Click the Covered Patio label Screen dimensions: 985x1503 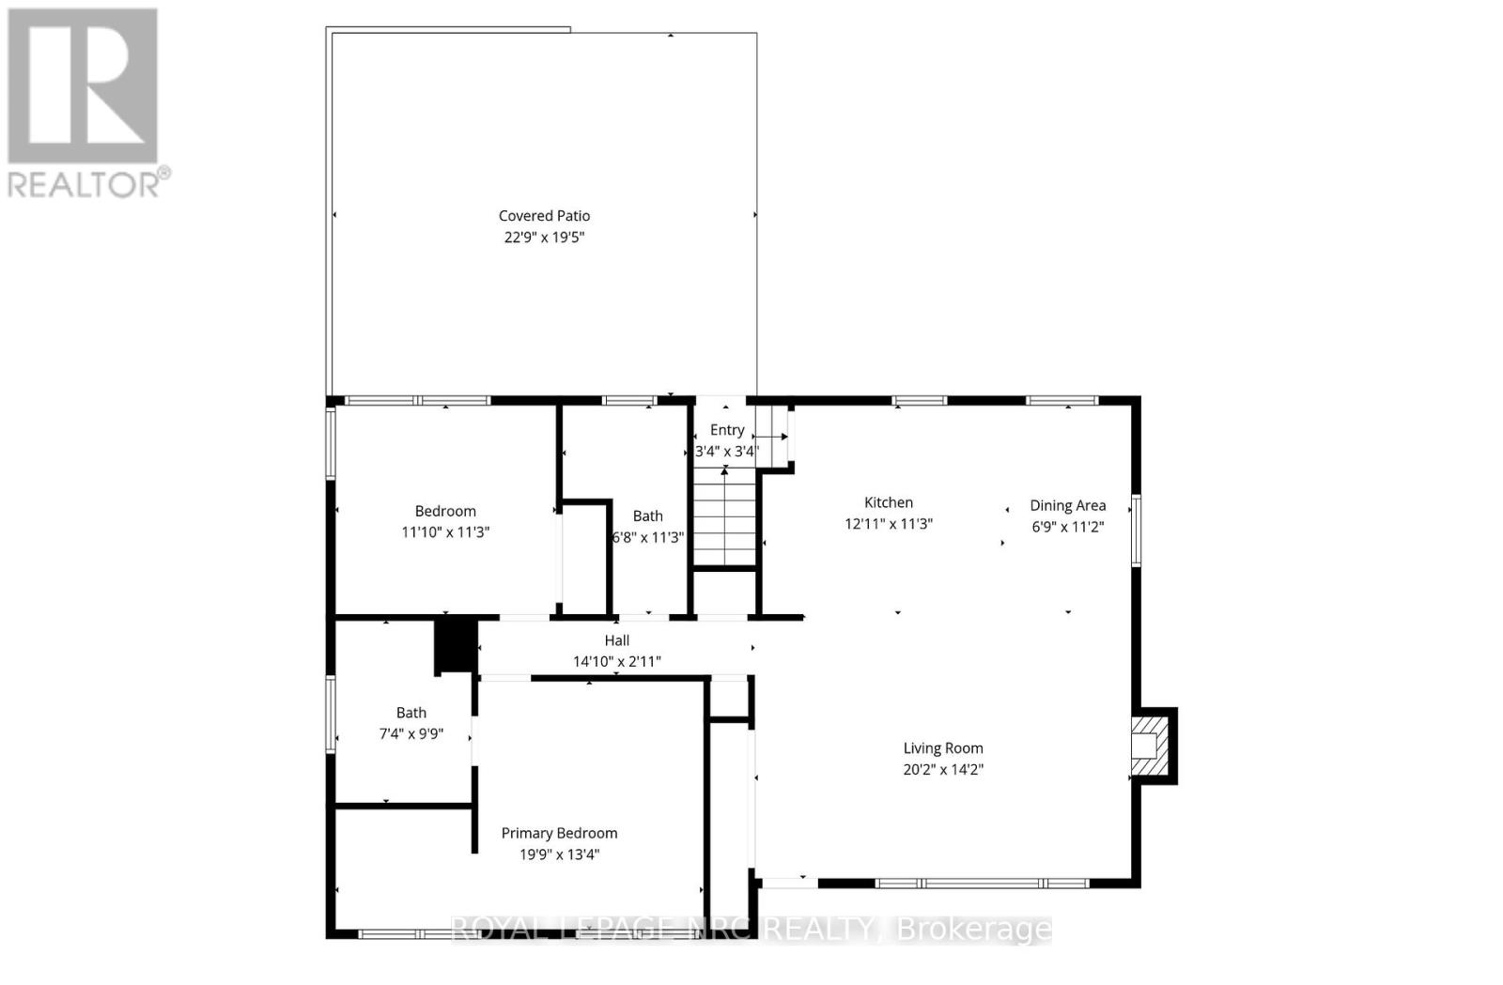(x=544, y=216)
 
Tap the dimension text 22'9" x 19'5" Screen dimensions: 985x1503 (x=544, y=238)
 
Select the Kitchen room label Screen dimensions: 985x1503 (x=888, y=502)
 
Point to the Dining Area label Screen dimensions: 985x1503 (x=1067, y=505)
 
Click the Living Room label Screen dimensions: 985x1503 (x=942, y=748)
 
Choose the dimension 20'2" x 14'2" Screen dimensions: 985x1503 (x=942, y=770)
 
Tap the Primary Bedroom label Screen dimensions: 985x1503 (x=559, y=833)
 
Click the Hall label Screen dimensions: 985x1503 (x=616, y=640)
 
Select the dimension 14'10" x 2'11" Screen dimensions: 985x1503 (x=616, y=662)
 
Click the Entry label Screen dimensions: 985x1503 (x=726, y=430)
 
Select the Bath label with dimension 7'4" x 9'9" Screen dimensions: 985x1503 (x=411, y=713)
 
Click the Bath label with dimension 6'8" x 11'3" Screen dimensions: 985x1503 (x=647, y=516)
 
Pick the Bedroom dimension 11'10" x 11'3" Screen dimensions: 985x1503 (x=445, y=532)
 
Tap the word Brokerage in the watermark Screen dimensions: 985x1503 (x=974, y=930)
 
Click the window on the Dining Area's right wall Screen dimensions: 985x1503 (x=1135, y=531)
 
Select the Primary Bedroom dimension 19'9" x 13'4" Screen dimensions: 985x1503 (x=559, y=854)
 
